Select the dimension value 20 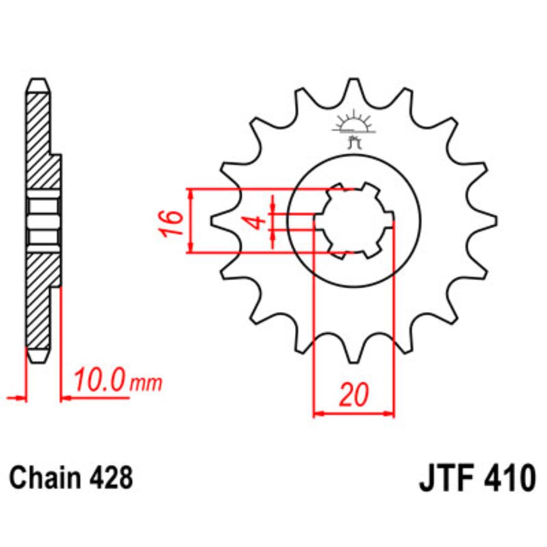353,395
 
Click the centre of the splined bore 354,221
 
